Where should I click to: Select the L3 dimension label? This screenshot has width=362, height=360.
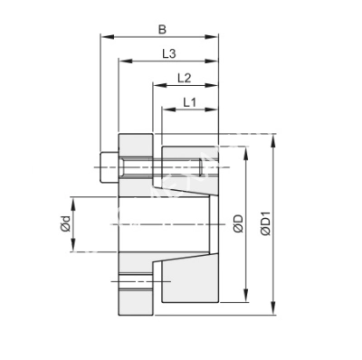tap(168, 53)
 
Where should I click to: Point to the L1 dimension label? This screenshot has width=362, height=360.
tap(190, 102)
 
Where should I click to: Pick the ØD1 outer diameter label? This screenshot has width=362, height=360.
tap(265, 223)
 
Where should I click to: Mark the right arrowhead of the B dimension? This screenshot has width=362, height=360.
tap(216, 38)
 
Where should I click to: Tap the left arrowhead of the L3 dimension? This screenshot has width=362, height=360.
tap(120, 62)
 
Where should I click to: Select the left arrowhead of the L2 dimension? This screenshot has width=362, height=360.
tap(154, 87)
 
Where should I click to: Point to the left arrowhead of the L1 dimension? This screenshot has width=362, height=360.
tap(164, 111)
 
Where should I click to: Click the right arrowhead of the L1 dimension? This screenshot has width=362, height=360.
tap(216, 111)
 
